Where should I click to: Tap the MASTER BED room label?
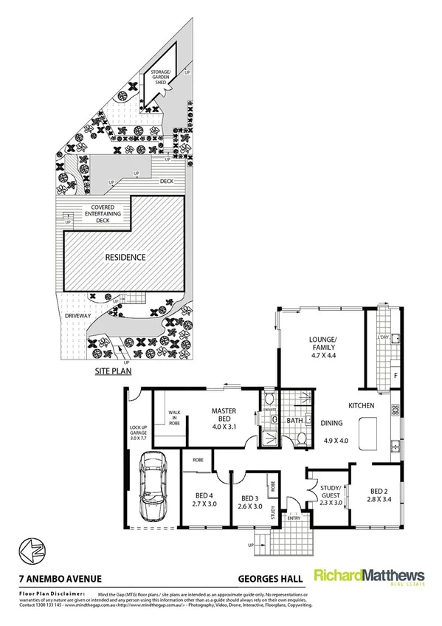pyautogui.click(x=223, y=415)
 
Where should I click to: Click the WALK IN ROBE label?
pyautogui.click(x=175, y=418)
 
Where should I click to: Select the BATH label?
pyautogui.click(x=295, y=422)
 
